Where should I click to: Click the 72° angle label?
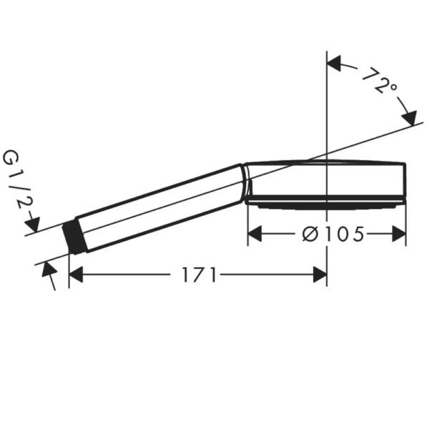click(x=380, y=81)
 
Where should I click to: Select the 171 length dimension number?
click(x=199, y=275)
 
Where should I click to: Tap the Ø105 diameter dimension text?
click(x=333, y=235)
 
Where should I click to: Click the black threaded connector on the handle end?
click(x=75, y=238)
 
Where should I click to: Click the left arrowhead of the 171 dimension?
click(x=76, y=275)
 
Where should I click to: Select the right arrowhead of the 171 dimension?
click(x=320, y=275)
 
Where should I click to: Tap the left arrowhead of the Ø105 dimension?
click(x=255, y=234)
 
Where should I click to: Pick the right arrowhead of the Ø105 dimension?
click(x=399, y=234)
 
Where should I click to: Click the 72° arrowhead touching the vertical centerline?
click(x=334, y=63)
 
